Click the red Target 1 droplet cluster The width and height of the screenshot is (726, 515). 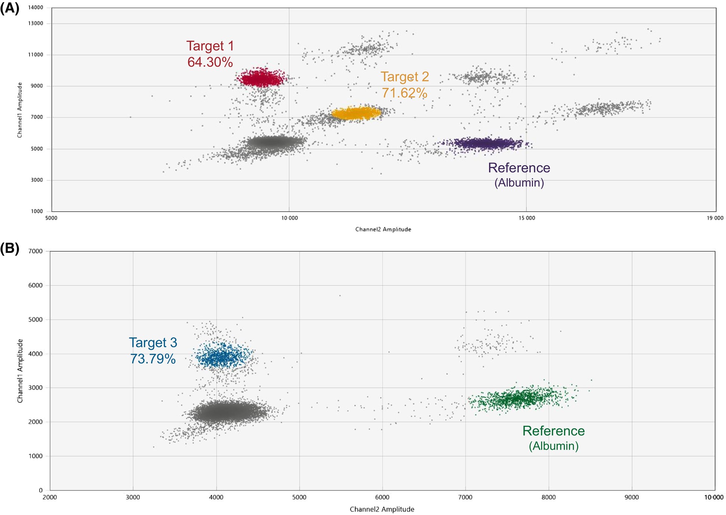coord(262,79)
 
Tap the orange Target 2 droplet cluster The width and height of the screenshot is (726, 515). coord(356,113)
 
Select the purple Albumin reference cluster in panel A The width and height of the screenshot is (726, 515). coord(486,143)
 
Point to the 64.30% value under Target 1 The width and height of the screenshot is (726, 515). coord(210,62)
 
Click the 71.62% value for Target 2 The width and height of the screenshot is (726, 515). coord(404,93)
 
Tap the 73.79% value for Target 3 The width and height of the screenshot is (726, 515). coord(153,359)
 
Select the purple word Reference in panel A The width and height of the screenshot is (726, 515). coord(519,168)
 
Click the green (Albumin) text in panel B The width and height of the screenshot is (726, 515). coord(553,446)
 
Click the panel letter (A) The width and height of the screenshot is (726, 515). coord(9,7)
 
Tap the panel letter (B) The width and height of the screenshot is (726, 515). coord(9,248)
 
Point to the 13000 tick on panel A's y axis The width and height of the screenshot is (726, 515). coord(36,24)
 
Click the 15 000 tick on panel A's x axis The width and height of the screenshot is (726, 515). coord(526,218)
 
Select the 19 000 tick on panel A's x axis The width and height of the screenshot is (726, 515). coord(714,218)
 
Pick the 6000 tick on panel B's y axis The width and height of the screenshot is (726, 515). coord(36,285)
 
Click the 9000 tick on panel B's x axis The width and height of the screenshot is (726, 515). coord(631,497)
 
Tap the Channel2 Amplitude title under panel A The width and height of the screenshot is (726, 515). coord(383,229)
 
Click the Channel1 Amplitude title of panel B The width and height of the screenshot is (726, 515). coord(20,371)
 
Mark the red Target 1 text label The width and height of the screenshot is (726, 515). coord(210,46)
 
